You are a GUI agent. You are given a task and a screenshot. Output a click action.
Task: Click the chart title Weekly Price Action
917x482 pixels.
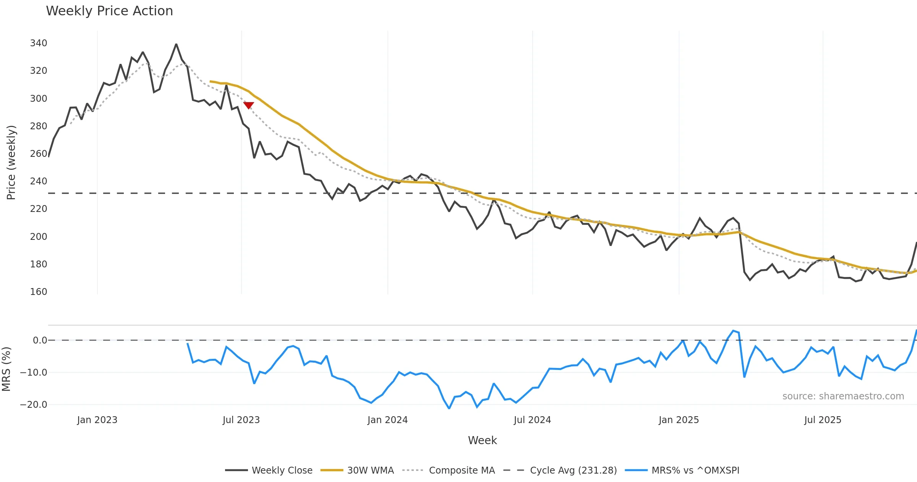click(x=109, y=11)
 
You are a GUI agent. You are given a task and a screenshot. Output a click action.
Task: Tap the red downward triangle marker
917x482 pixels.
click(x=249, y=105)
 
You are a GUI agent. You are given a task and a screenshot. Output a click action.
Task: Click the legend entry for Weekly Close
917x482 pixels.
click(x=269, y=470)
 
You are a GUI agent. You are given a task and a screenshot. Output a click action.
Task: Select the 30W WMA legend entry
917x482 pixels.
click(x=357, y=470)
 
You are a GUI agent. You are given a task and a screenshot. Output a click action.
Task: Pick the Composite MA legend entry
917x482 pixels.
click(x=449, y=470)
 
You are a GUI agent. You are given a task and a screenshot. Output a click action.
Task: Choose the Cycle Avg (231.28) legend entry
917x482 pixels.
click(x=561, y=470)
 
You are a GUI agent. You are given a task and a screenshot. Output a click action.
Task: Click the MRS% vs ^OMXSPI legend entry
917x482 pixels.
click(x=682, y=470)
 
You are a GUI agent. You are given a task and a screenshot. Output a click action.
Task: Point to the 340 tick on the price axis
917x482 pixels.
click(x=39, y=43)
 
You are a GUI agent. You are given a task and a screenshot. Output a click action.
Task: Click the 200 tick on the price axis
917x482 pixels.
click(x=39, y=236)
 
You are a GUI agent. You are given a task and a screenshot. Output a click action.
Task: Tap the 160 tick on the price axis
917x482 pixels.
click(x=39, y=292)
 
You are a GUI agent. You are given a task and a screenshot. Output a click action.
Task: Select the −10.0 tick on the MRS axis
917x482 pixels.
click(x=34, y=373)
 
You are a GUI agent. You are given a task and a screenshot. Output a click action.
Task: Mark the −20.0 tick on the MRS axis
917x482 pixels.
click(x=34, y=405)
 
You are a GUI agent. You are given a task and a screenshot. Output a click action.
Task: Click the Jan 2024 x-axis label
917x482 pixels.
click(x=387, y=420)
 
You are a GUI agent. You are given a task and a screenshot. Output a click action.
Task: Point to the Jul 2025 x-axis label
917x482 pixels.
click(x=823, y=420)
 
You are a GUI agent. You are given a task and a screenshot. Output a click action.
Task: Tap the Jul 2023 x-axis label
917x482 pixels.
click(x=241, y=420)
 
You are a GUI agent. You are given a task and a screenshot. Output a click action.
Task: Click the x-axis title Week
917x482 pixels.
click(x=482, y=441)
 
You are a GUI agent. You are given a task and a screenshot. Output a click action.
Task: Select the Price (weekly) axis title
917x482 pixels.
click(x=11, y=163)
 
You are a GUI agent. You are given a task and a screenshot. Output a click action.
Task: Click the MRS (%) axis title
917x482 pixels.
click(x=6, y=369)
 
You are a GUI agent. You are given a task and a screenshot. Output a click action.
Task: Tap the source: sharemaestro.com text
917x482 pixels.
click(x=843, y=396)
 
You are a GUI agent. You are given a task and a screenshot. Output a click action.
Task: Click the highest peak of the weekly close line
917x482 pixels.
click(x=176, y=44)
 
